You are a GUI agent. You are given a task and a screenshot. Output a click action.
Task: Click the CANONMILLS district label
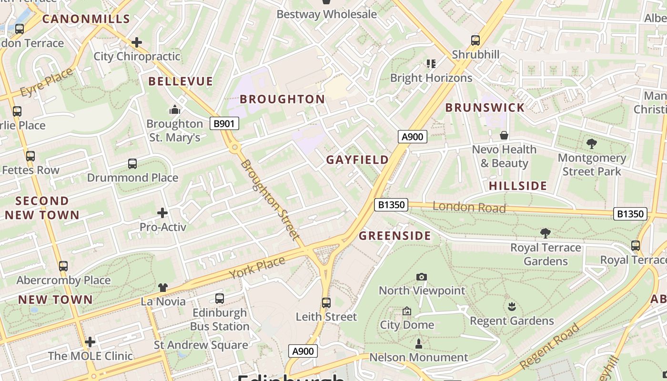tap(86, 19)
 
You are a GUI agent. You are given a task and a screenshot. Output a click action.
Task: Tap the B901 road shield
tap(224, 124)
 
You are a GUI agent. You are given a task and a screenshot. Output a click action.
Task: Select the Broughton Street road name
tap(270, 200)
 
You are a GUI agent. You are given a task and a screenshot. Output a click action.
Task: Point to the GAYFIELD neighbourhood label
tap(357, 160)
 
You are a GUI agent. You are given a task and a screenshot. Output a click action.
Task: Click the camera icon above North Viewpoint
tap(421, 277)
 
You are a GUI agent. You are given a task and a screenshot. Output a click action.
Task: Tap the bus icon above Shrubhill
tap(475, 40)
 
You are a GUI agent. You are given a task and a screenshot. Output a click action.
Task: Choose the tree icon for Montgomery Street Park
tap(592, 143)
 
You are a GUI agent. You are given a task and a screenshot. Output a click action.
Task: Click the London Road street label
tap(469, 207)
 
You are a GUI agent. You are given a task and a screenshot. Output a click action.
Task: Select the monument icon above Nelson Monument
tap(419, 343)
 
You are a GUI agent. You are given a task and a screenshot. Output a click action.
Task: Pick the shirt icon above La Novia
tap(163, 287)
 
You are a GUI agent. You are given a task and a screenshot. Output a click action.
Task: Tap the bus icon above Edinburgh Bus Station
tap(220, 299)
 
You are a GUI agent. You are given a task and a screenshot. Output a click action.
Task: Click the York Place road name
tap(257, 268)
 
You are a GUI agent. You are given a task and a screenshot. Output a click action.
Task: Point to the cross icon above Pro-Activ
tap(162, 212)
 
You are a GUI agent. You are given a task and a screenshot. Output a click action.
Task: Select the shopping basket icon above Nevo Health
tap(504, 136)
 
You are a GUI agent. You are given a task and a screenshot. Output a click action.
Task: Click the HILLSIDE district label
tap(518, 186)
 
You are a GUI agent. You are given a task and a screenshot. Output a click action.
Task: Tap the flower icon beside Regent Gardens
tap(512, 306)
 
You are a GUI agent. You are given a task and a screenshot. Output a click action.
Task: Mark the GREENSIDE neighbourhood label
tap(394, 236)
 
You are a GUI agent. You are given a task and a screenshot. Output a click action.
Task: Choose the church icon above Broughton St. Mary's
tap(175, 110)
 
